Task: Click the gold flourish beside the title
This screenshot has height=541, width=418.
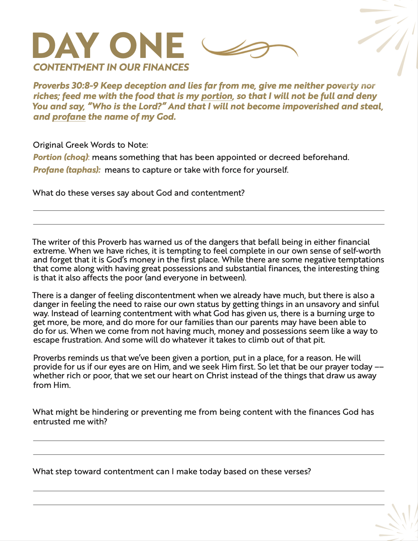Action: (249, 48)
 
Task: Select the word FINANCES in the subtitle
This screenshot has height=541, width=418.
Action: (166, 68)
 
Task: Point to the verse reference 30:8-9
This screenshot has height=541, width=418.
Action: (85, 86)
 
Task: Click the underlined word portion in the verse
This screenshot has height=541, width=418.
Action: (217, 96)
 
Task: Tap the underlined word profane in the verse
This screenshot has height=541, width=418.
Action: (69, 117)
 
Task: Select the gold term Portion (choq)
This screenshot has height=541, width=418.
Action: (61, 157)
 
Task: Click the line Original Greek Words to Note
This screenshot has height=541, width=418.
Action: (91, 145)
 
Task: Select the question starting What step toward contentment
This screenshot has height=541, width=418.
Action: (172, 472)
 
